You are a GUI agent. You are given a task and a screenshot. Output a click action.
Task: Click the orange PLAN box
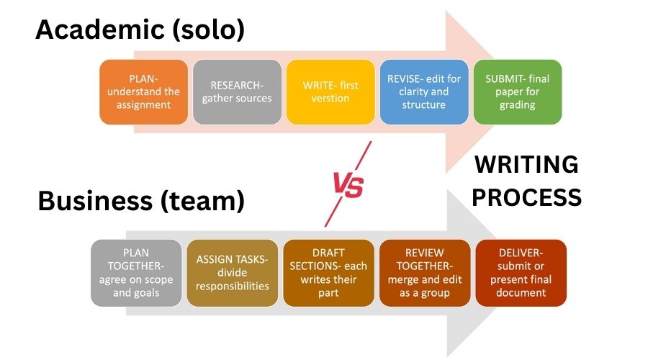144,92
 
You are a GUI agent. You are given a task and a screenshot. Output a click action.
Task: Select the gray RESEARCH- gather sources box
237,92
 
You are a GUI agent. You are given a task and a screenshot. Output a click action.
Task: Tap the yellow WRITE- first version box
330,92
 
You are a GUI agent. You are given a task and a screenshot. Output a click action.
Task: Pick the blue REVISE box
423,92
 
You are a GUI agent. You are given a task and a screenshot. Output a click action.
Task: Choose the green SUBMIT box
517,92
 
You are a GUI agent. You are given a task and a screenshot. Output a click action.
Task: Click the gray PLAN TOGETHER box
136,273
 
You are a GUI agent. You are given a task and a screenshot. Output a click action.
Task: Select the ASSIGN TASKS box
232,273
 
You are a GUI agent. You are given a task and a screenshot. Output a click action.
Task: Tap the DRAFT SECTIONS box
328,273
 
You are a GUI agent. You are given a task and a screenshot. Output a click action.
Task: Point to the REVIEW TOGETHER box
424,273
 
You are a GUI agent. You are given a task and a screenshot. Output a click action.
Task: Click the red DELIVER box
521,273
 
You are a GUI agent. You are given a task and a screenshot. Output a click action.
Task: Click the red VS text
348,186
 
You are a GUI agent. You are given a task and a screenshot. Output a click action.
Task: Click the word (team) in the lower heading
204,201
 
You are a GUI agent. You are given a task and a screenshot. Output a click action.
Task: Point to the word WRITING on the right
526,165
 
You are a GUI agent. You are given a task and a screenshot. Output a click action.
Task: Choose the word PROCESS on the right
526,197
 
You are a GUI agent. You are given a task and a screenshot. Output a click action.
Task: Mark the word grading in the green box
517,105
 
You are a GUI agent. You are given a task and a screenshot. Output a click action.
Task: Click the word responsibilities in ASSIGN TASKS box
232,286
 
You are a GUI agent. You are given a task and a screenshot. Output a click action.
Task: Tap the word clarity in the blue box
407,92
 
